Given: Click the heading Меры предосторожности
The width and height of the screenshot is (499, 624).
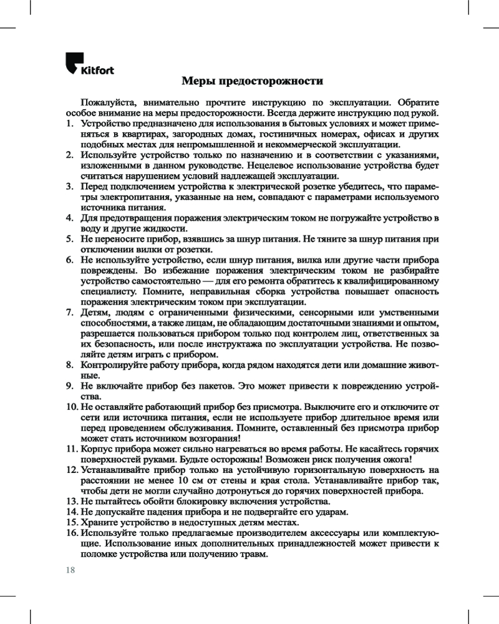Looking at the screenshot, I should click(252, 82).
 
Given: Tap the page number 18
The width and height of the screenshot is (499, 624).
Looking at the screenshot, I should click(70, 569).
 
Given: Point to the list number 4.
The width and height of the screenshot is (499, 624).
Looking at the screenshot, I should click(70, 218).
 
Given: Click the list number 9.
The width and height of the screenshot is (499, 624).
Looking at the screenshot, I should click(70, 386).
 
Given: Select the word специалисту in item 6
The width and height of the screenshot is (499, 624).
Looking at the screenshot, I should click(107, 291).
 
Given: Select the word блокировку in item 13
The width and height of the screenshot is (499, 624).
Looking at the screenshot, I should click(183, 502).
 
